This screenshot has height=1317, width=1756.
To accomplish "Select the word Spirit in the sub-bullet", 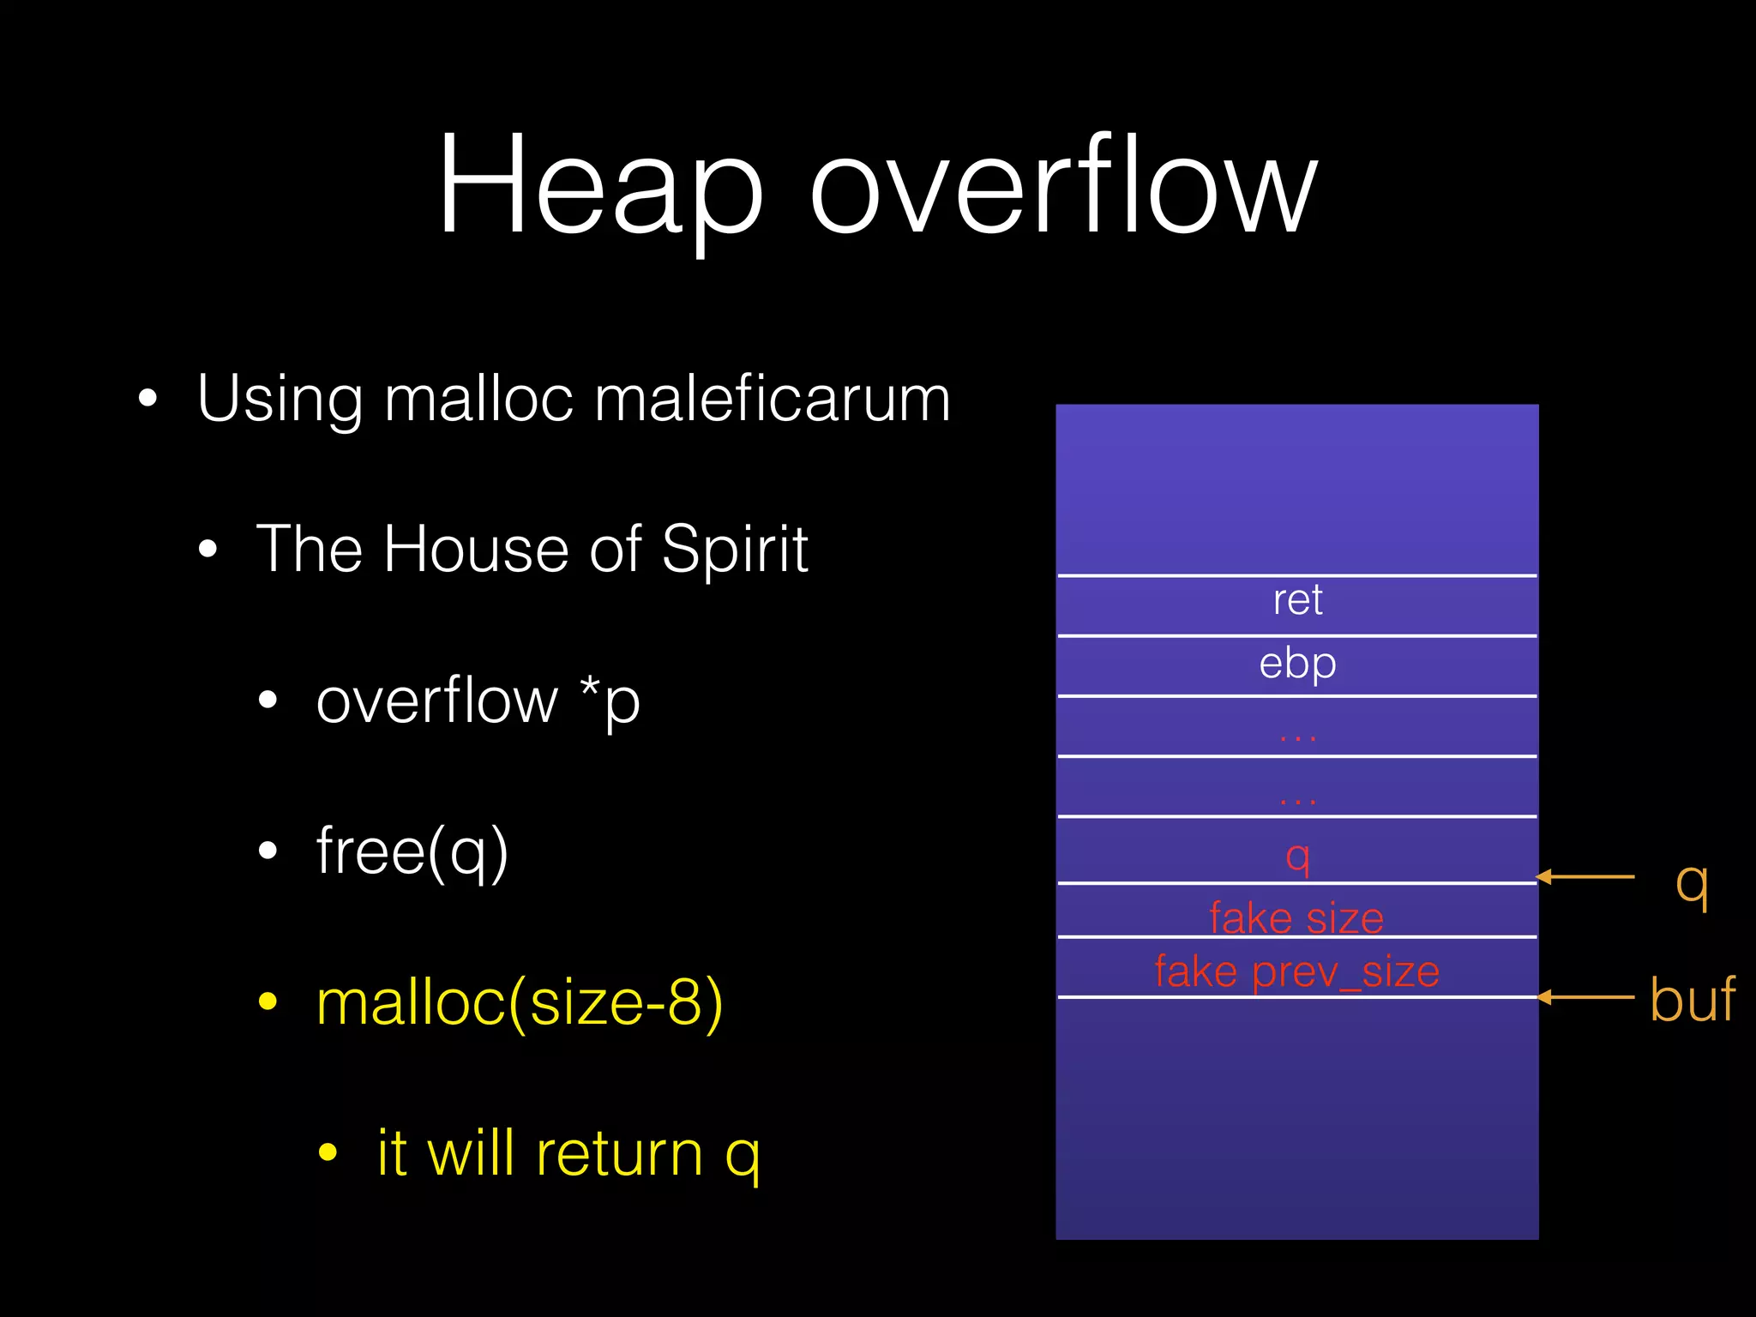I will click(x=735, y=550).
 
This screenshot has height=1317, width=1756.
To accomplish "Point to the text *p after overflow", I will click(x=610, y=701).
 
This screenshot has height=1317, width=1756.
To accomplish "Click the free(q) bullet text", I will click(x=412, y=851).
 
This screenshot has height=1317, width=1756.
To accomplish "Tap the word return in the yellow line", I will click(x=619, y=1153).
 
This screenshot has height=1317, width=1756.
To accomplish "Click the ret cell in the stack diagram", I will click(x=1297, y=600).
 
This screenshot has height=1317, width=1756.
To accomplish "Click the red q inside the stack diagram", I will click(x=1297, y=854).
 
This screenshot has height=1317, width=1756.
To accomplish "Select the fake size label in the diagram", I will click(x=1296, y=917).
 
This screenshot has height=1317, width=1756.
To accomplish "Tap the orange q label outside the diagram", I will click(x=1692, y=883).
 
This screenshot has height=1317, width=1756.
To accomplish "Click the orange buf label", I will click(x=1692, y=1000).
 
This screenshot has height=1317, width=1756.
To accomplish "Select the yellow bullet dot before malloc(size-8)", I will click(x=268, y=1001).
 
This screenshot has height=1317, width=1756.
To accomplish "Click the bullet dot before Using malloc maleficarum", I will click(x=148, y=399).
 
